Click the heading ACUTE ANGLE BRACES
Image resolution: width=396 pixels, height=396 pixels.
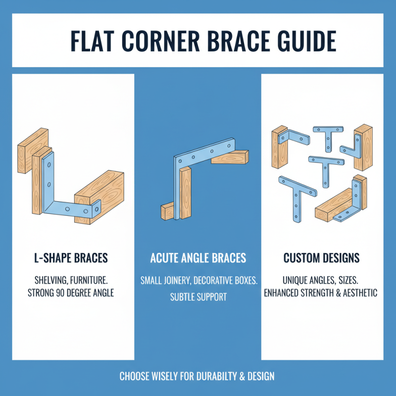(198, 258)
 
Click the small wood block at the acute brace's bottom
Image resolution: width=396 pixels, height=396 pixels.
(167, 212)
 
